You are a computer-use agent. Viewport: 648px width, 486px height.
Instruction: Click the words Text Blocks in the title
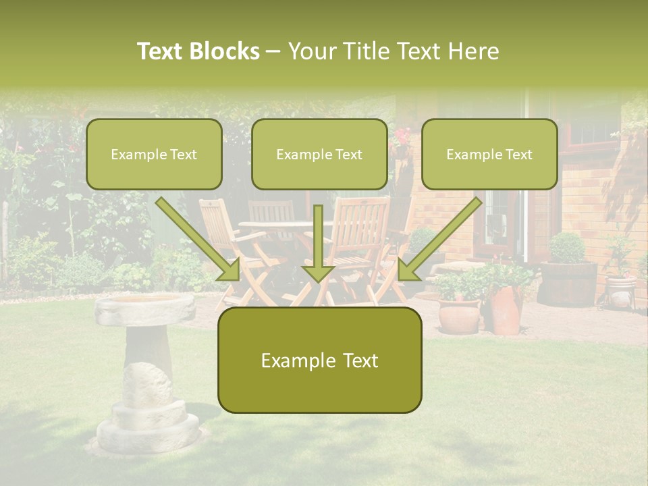pos(198,51)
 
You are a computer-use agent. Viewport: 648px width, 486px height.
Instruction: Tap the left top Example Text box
pos(154,155)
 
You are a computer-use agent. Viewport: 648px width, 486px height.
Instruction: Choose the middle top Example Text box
pos(319,155)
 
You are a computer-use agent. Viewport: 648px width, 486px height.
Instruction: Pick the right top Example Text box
pos(489,155)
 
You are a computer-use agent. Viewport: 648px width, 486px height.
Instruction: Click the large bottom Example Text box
pos(319,360)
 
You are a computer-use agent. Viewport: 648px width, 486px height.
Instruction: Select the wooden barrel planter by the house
pos(568,283)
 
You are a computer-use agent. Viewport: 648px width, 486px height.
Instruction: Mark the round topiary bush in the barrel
pos(567,248)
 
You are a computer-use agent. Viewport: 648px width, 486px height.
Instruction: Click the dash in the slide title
pos(273,51)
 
